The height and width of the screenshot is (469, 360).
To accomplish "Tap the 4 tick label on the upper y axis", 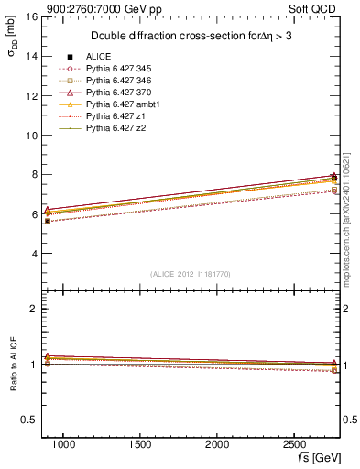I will pos(33,254).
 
